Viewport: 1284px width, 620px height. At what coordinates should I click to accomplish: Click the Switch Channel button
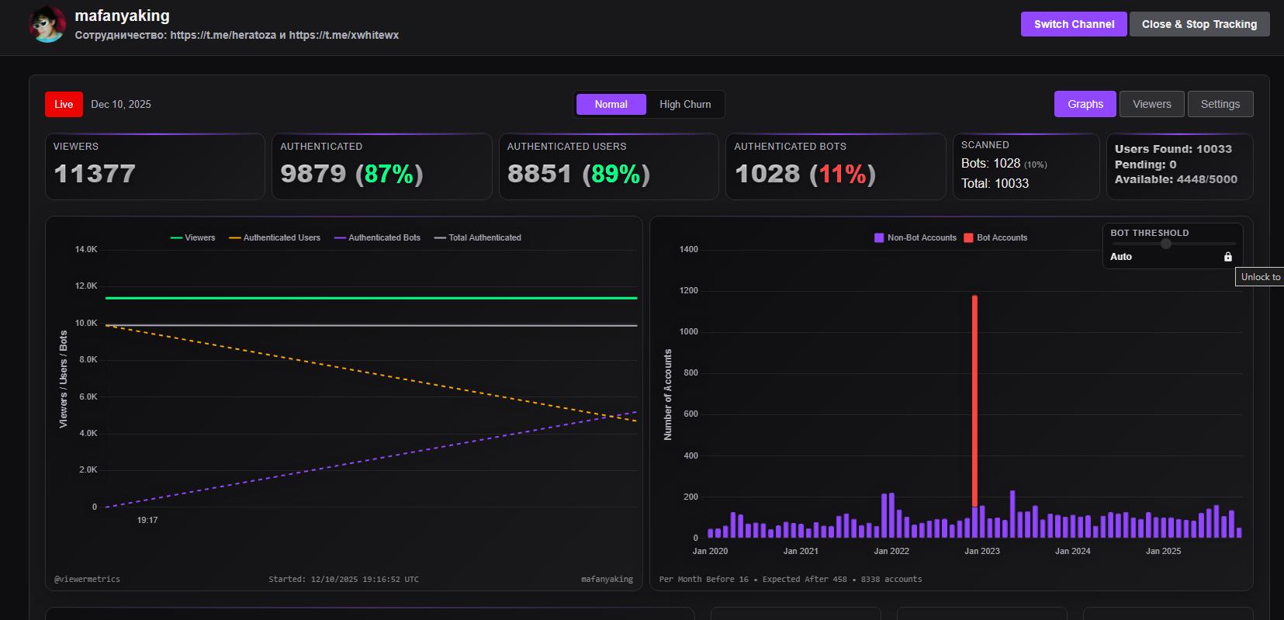pos(1074,24)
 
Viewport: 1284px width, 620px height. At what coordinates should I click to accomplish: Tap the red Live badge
pos(64,104)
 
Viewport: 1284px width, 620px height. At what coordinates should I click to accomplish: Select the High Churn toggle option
pos(685,104)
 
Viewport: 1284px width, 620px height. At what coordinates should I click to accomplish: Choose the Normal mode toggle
pos(611,104)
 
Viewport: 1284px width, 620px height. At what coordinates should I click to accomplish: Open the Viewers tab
pos(1151,104)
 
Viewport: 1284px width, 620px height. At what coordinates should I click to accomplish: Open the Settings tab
pos(1220,104)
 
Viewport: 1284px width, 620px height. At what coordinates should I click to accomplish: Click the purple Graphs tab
pos(1085,104)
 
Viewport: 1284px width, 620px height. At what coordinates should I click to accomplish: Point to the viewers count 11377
pos(95,174)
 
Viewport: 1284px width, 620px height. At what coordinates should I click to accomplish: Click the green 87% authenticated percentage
pos(389,174)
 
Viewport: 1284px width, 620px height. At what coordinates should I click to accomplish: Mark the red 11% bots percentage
pos(843,174)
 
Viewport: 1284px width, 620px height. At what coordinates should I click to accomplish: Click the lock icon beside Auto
pos(1228,257)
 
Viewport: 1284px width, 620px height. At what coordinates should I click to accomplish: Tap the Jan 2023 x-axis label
pos(982,551)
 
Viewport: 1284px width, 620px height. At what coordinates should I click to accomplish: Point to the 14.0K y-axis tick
pos(86,249)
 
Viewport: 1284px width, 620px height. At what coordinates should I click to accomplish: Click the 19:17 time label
pos(147,520)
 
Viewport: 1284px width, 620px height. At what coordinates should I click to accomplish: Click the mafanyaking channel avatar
pos(47,24)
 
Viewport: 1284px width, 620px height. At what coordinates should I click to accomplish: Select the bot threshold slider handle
pos(1165,244)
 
